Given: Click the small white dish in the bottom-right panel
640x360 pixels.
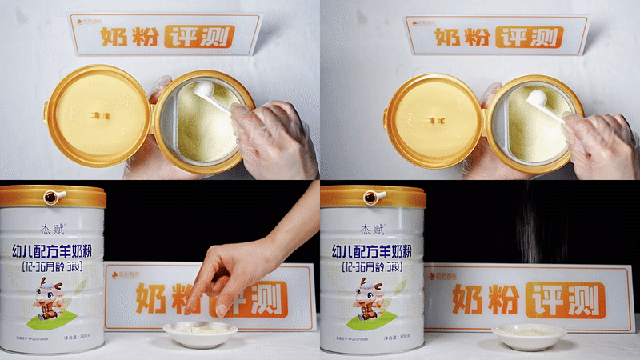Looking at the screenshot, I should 529,335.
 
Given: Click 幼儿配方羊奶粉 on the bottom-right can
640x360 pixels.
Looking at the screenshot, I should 371,250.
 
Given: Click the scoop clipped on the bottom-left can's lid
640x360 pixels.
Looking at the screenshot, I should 54,195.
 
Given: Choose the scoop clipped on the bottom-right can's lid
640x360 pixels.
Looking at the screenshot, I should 373,196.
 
